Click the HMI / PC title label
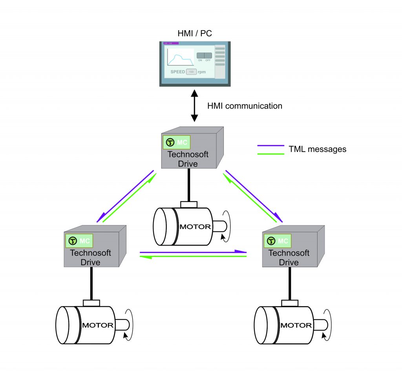195,33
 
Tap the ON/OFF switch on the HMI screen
204,56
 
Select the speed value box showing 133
192,72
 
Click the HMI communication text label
244,106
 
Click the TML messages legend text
318,149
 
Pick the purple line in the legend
270,146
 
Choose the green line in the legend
270,153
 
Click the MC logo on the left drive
79,240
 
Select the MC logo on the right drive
277,240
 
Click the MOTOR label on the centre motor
195,227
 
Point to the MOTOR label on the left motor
98,325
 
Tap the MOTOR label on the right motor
296,325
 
